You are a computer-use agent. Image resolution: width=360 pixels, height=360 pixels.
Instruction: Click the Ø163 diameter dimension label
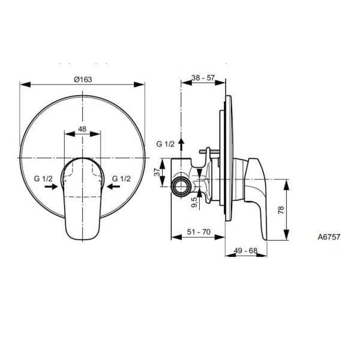[83, 79]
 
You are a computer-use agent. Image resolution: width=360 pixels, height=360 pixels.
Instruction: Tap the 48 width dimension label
[82, 129]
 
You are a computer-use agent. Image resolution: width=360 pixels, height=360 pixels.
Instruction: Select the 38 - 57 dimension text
[203, 78]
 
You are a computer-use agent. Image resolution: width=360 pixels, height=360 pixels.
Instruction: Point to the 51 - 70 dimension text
[199, 232]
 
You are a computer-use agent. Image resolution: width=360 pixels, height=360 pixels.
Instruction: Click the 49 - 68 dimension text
[245, 250]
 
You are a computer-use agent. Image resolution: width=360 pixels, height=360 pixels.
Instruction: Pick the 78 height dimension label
[281, 210]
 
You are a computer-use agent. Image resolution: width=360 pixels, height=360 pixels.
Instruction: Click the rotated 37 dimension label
[157, 172]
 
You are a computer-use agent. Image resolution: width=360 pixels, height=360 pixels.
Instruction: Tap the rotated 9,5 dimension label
[194, 202]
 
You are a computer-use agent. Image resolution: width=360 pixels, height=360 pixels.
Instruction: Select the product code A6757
[329, 237]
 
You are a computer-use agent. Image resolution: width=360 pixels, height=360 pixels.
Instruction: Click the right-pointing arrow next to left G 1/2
[51, 187]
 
